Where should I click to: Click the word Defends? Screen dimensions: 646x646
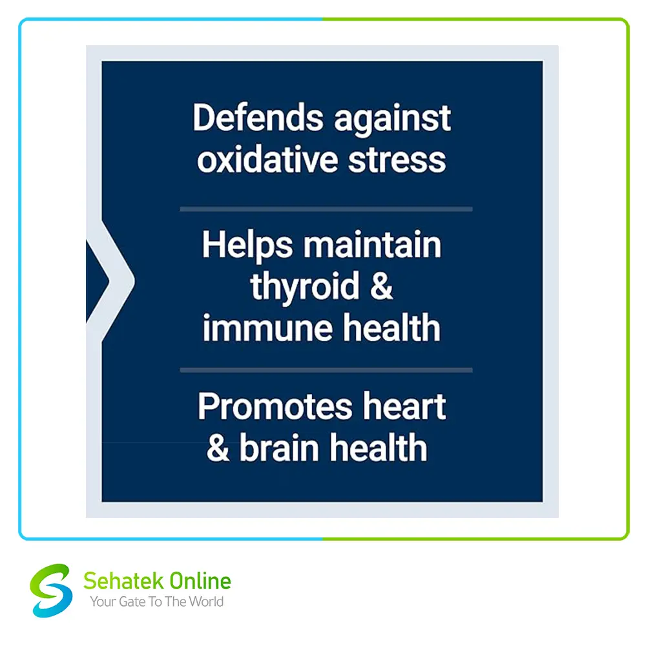(x=258, y=118)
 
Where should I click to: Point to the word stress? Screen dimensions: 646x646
(x=397, y=161)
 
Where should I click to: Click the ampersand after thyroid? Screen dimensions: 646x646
(x=382, y=286)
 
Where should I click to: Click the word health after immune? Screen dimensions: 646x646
(x=392, y=328)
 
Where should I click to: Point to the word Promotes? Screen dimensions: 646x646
(x=275, y=407)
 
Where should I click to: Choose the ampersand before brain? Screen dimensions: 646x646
(x=218, y=448)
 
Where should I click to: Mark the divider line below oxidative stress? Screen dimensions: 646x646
(x=326, y=209)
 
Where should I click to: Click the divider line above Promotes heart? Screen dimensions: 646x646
(x=326, y=370)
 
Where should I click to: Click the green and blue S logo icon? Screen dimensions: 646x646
(x=51, y=590)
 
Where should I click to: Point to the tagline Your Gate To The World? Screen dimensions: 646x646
(x=156, y=602)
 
